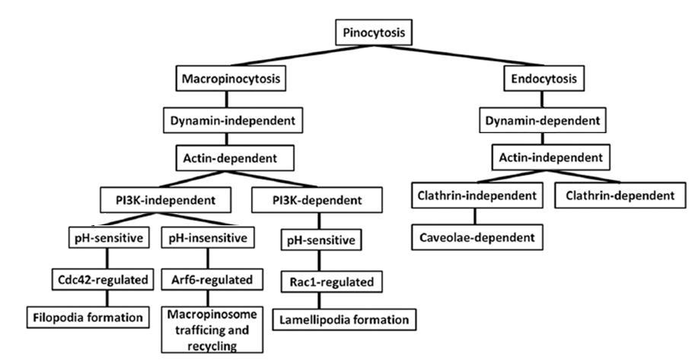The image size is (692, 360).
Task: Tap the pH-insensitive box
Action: [x=208, y=238]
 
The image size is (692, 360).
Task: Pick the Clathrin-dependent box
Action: [x=620, y=196]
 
